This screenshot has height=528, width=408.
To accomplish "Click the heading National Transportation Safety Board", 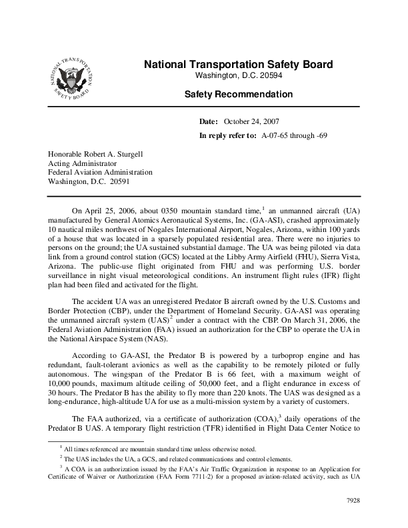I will [x=238, y=65].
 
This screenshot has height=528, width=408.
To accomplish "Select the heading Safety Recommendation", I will [x=238, y=95].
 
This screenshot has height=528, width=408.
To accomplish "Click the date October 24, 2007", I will [x=251, y=122].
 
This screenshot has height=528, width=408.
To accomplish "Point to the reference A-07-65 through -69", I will [x=301, y=135].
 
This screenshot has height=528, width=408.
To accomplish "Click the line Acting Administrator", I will [x=82, y=162].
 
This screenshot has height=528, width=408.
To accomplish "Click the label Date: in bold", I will [x=209, y=122].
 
